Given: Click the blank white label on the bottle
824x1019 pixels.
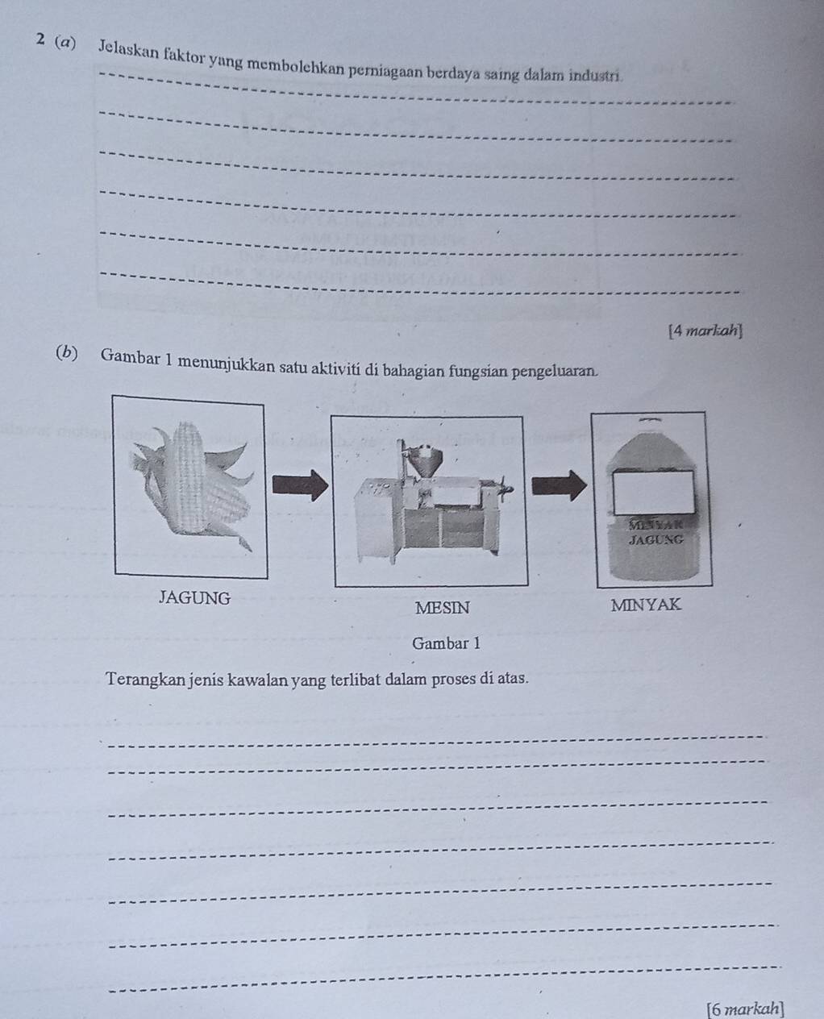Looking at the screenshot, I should pyautogui.click(x=654, y=492).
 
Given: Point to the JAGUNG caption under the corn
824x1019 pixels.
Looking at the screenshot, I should pyautogui.click(x=194, y=598).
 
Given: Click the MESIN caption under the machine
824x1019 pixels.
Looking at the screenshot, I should pyautogui.click(x=441, y=608).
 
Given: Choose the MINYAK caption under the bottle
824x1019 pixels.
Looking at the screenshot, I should pyautogui.click(x=646, y=605).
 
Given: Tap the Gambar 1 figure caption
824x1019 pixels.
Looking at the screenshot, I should pyautogui.click(x=446, y=643).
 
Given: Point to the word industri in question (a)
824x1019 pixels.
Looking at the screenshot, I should pyautogui.click(x=597, y=76).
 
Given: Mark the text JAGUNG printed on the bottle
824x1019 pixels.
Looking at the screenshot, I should pyautogui.click(x=655, y=539).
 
